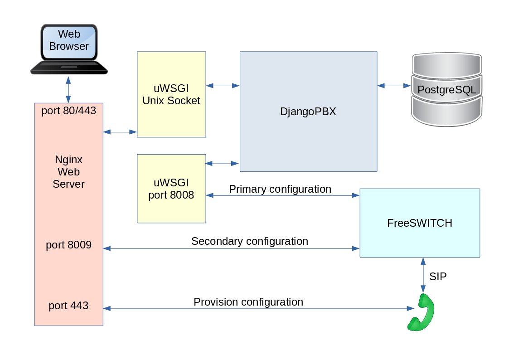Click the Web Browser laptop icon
coord(68,48)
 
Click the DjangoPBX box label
coord(308,112)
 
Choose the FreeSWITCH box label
coord(420,223)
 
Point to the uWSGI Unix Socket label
coord(171,94)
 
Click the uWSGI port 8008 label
coord(171,189)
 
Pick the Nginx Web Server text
coord(68,172)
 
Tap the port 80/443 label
coord(68,111)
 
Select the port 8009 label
coord(68,245)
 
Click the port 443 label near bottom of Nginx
coord(68,306)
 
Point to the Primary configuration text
coord(280,189)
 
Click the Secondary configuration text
coord(250,241)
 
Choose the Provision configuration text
coord(248,302)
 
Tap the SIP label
coord(438,277)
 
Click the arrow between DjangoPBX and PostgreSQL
coord(394,85)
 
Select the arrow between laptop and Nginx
coord(68,90)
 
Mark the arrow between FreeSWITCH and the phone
coord(423,275)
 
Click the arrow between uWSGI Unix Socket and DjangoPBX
coord(223,85)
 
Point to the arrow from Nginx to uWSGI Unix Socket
coord(120,132)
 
